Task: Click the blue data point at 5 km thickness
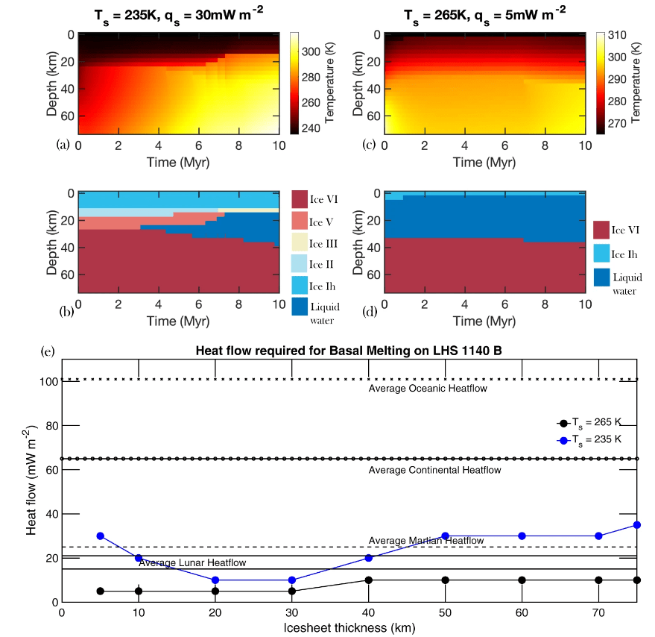pyautogui.click(x=100, y=536)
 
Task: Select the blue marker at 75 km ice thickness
pyautogui.click(x=637, y=525)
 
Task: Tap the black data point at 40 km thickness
pyautogui.click(x=368, y=580)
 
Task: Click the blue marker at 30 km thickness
pyautogui.click(x=292, y=580)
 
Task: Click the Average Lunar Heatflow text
pyautogui.click(x=192, y=562)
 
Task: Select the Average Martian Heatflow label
pyautogui.click(x=426, y=540)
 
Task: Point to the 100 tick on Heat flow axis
pyautogui.click(x=49, y=381)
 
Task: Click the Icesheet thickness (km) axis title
pyautogui.click(x=349, y=628)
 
